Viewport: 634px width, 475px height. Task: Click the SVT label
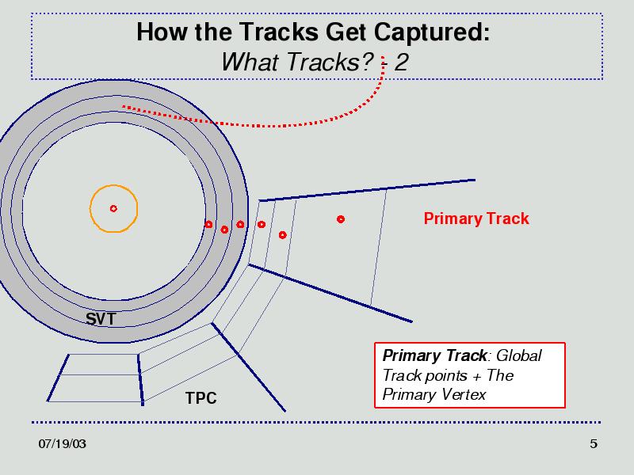click(x=101, y=319)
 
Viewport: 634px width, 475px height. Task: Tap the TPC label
click(x=201, y=398)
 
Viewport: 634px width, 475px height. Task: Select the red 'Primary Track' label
click(x=476, y=218)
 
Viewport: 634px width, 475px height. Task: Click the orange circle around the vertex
click(x=113, y=185)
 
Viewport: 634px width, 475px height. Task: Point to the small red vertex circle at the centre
click(x=113, y=208)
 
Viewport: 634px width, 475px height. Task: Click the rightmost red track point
click(x=341, y=219)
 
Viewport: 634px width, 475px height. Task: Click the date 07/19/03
click(x=63, y=444)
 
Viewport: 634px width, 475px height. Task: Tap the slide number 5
click(x=593, y=444)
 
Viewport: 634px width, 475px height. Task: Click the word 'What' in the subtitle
click(x=250, y=62)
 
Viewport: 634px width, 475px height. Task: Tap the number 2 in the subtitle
click(x=401, y=63)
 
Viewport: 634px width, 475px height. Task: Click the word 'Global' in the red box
click(x=519, y=355)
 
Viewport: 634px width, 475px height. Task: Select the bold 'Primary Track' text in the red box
click(x=434, y=355)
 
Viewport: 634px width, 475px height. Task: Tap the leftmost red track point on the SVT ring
click(x=208, y=224)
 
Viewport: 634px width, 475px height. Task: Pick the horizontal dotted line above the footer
click(x=316, y=423)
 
